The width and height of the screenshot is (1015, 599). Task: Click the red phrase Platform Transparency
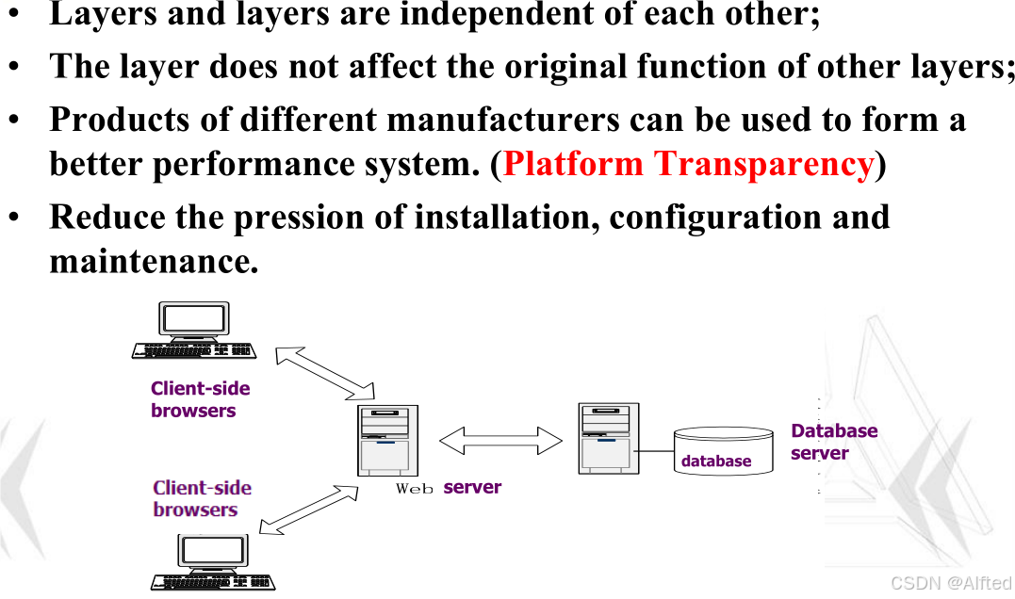pyautogui.click(x=688, y=165)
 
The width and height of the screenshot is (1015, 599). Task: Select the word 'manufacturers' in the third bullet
pyautogui.click(x=502, y=120)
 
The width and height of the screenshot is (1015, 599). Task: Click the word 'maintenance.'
pyautogui.click(x=154, y=261)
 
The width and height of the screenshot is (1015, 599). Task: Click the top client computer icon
pyautogui.click(x=193, y=331)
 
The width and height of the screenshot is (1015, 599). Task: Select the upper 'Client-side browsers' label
pyautogui.click(x=200, y=399)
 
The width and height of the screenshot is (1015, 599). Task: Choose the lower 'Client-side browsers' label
pyautogui.click(x=202, y=498)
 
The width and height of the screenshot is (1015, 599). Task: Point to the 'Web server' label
pyautogui.click(x=449, y=488)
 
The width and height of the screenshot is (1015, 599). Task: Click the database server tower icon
pyautogui.click(x=608, y=438)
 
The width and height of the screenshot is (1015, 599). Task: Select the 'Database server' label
pyautogui.click(x=833, y=442)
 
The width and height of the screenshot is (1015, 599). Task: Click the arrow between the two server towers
pyautogui.click(x=500, y=440)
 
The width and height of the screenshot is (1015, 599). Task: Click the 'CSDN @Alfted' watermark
pyautogui.click(x=950, y=583)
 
